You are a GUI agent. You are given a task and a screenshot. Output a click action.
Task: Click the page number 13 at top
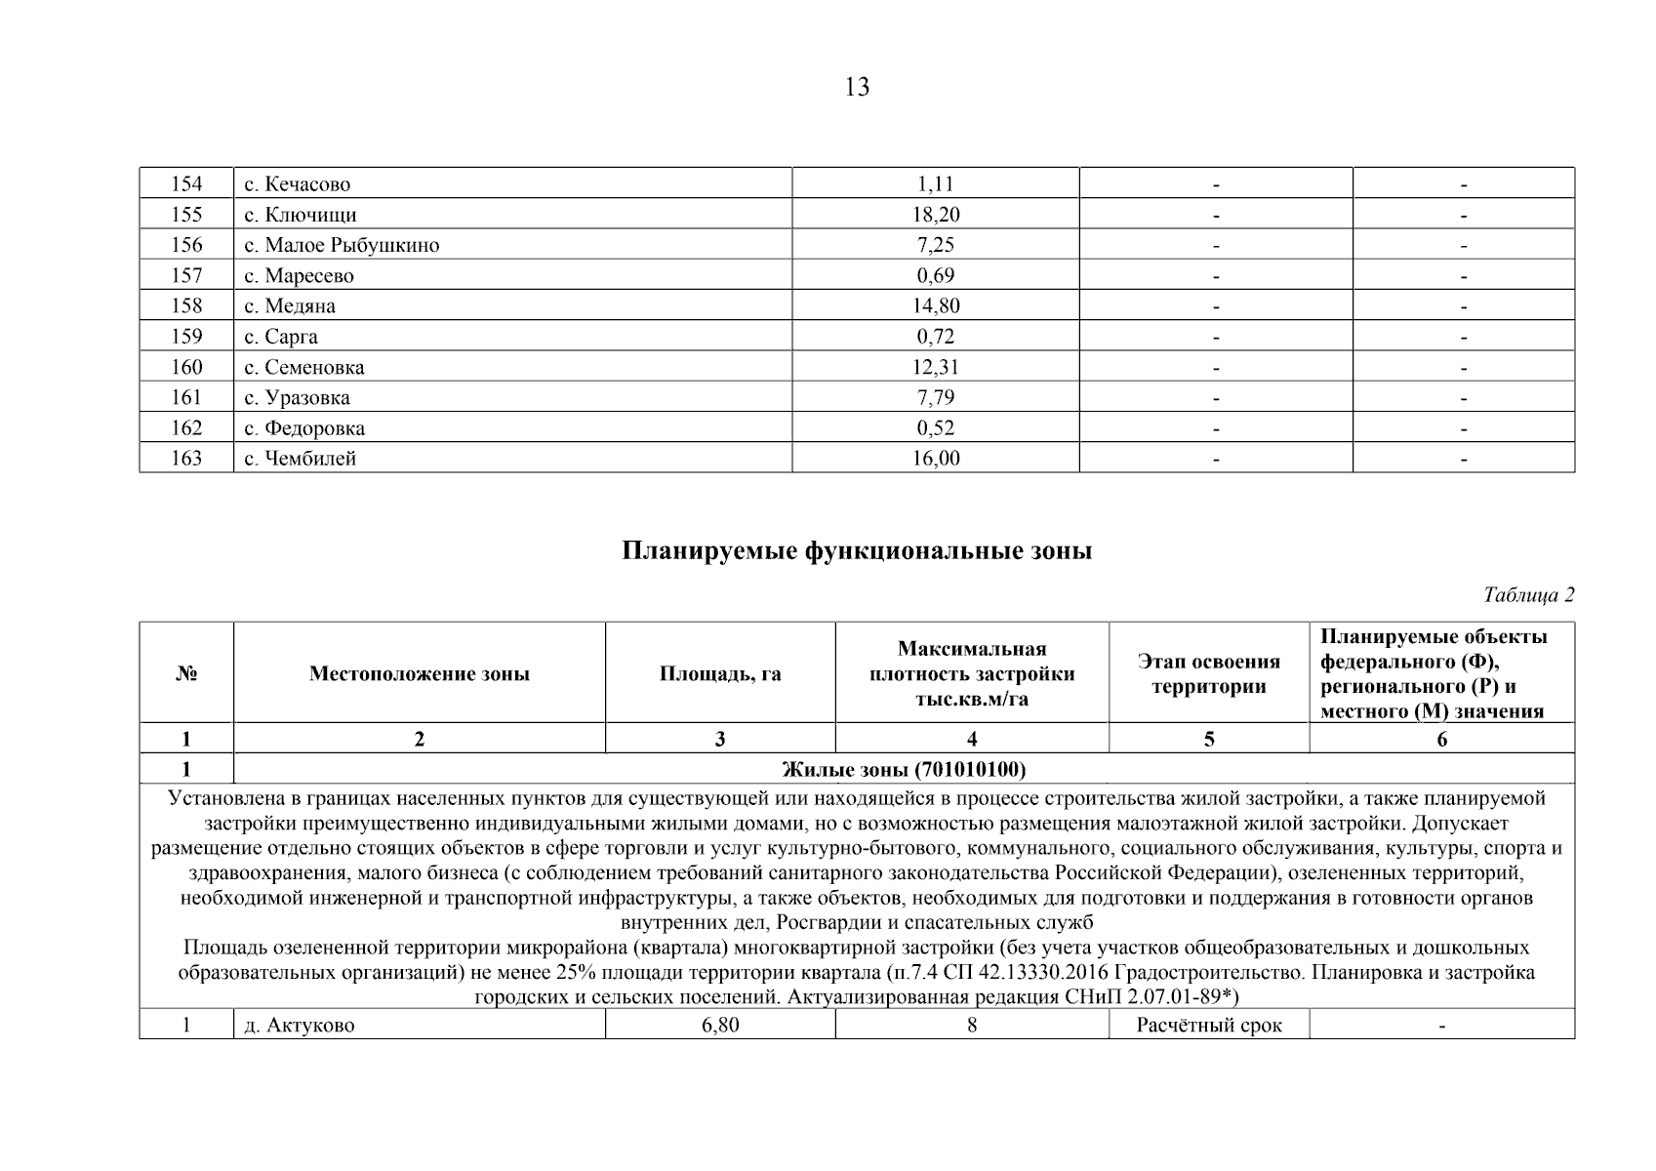[857, 88]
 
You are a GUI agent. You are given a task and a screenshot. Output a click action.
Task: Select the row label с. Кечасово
[297, 184]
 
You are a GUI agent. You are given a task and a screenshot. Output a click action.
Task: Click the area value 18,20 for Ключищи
[935, 215]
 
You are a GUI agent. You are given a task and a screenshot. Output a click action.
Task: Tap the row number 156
[186, 245]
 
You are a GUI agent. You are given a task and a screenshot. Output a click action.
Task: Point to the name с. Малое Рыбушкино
[342, 245]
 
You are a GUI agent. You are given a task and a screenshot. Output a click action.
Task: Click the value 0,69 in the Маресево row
[935, 275]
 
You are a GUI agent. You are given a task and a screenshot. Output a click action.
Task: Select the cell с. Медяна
[290, 306]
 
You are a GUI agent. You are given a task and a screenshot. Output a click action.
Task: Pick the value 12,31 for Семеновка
[935, 367]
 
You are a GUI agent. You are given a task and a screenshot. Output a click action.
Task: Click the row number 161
[186, 397]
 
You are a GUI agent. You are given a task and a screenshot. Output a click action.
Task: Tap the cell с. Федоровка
[304, 428]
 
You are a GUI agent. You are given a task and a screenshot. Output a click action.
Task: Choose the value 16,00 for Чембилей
[935, 459]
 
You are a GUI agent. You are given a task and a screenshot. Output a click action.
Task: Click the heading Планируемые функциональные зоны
[857, 551]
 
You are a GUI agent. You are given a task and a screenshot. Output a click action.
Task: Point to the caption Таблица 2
[1528, 595]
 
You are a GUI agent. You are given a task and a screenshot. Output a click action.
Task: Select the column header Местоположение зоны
[420, 674]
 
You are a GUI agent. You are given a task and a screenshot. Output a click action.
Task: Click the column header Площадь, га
[720, 674]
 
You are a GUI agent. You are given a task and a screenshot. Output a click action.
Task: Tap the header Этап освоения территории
[1208, 674]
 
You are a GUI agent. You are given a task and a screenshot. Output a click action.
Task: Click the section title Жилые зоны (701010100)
[904, 770]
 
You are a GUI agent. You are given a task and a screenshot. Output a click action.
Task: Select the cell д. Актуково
[299, 1026]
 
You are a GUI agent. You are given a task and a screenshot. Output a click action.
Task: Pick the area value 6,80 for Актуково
[720, 1026]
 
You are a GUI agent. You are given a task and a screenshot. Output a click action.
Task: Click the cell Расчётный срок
[1208, 1026]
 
